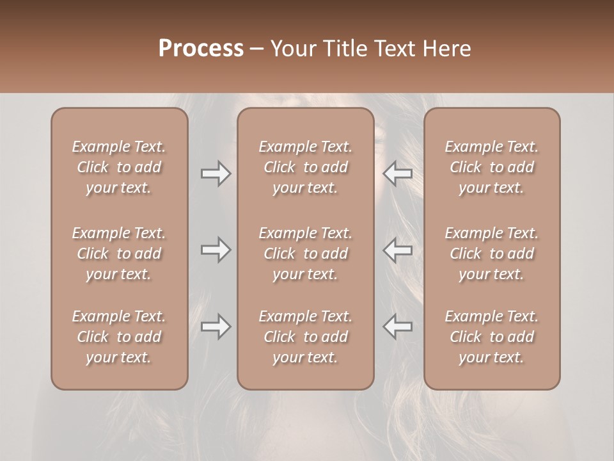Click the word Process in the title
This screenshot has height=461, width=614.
click(x=201, y=48)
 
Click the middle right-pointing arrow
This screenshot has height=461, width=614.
click(x=216, y=250)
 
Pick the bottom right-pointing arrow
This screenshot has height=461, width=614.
click(x=216, y=327)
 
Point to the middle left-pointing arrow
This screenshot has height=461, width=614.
click(x=397, y=250)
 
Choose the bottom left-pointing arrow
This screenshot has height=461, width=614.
click(x=397, y=327)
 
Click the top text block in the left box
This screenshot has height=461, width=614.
click(x=119, y=167)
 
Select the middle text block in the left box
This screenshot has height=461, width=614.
click(x=119, y=254)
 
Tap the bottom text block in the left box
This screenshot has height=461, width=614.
click(x=119, y=337)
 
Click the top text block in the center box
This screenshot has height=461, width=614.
click(x=305, y=167)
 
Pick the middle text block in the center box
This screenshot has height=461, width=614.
click(x=305, y=254)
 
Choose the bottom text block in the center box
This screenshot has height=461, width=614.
click(x=305, y=337)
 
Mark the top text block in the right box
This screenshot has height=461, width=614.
click(x=492, y=167)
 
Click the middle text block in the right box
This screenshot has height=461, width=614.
click(x=492, y=254)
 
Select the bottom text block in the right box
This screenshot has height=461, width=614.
click(x=492, y=337)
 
